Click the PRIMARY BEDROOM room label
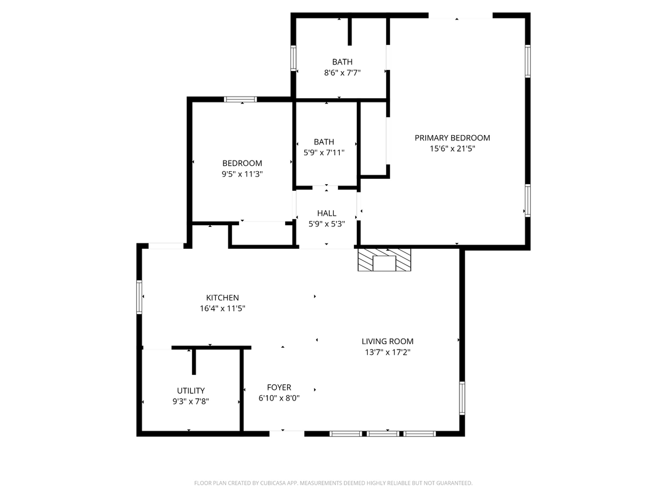[x=452, y=138]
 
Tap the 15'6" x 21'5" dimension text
[x=452, y=149]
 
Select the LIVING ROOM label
[x=387, y=341]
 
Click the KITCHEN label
[x=222, y=297]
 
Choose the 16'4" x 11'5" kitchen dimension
[x=222, y=309]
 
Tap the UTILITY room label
[x=191, y=390]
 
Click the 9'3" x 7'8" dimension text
[x=191, y=401]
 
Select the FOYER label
[x=279, y=387]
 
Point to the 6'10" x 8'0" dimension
[x=279, y=399]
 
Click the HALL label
[x=326, y=213]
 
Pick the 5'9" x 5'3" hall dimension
[x=326, y=224]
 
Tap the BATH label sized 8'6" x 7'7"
[x=342, y=62]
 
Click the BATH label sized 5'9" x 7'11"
[x=324, y=142]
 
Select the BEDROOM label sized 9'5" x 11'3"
[x=242, y=164]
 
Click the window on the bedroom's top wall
[x=240, y=100]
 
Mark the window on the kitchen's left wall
[x=139, y=296]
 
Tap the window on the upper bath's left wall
[x=293, y=59]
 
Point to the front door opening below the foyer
[x=287, y=434]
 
